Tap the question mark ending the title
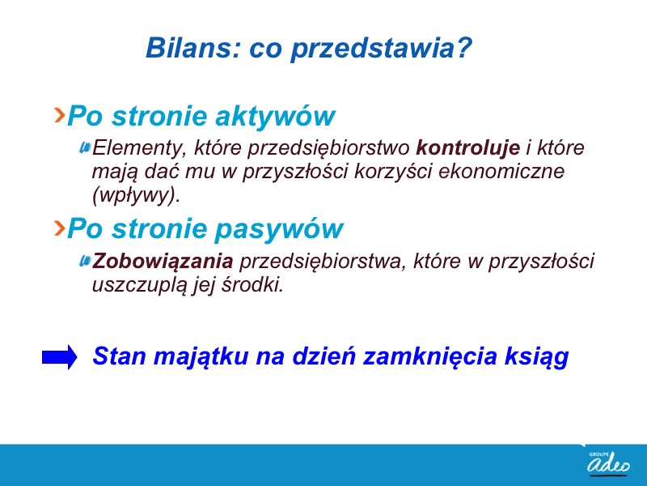coord(464,48)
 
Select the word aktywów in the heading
coord(275,116)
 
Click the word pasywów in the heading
coord(279,228)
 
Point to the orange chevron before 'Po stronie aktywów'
coord(60,115)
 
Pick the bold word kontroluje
coord(468,147)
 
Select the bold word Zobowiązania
coord(163,261)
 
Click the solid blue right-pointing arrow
coord(59,357)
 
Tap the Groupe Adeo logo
coord(609,463)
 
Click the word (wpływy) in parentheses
coord(136,195)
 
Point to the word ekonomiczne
coord(501,171)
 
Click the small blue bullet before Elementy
coord(85,147)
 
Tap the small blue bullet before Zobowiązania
coord(85,261)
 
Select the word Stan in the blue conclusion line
coord(120,356)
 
